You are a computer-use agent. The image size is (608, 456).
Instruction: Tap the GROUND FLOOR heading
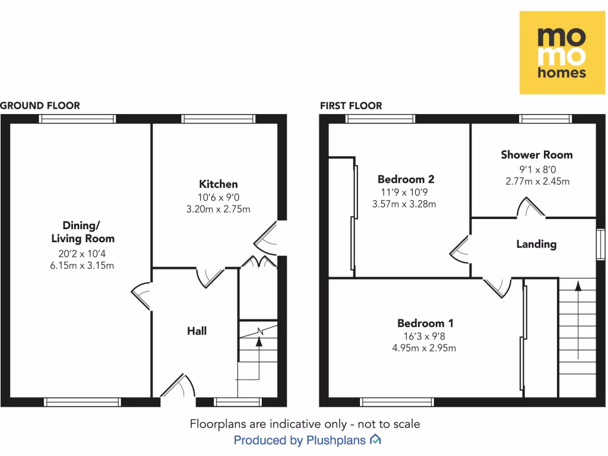click(x=40, y=106)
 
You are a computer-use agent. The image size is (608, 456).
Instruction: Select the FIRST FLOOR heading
click(x=351, y=106)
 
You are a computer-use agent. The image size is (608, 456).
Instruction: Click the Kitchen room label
click(x=218, y=184)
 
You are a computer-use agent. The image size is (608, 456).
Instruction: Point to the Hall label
click(x=197, y=331)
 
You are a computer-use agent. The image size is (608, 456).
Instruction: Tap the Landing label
click(x=536, y=243)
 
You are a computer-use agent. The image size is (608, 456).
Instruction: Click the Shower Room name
click(x=537, y=155)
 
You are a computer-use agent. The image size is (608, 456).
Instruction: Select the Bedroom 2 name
click(x=406, y=179)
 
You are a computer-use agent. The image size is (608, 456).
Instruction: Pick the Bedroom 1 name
click(x=426, y=324)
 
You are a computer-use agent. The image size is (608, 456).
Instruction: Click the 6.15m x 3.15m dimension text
click(x=82, y=265)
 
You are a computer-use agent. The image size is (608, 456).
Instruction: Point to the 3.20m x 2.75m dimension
click(x=218, y=209)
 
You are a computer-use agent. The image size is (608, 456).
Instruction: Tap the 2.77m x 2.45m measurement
click(x=537, y=180)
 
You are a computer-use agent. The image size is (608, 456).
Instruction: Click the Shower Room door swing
click(x=531, y=207)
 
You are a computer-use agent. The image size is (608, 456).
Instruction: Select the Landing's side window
click(x=601, y=244)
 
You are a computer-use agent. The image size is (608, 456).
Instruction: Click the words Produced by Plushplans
click(x=301, y=441)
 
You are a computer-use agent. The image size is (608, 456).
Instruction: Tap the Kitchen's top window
click(x=218, y=119)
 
